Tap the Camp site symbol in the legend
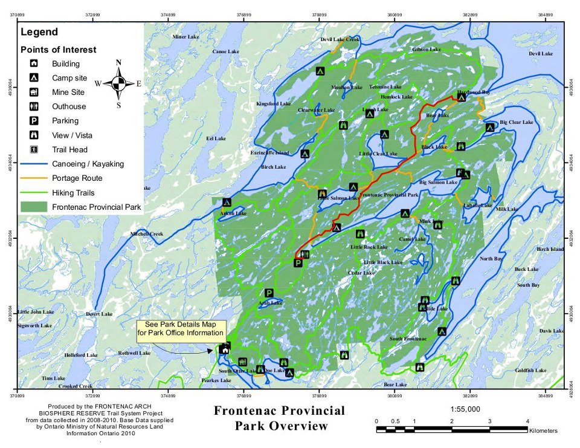(34, 78)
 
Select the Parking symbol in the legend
(34, 121)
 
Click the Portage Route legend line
(34, 178)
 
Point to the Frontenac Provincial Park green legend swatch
(34, 207)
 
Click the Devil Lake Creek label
(340, 39)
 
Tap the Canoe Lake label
(226, 52)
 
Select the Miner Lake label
(185, 37)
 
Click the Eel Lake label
(216, 138)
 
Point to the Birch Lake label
(273, 167)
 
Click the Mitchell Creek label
(147, 234)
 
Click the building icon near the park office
(225, 349)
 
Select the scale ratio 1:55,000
(465, 409)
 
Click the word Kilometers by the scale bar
(543, 431)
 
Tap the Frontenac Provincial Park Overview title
(279, 418)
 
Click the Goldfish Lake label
(531, 370)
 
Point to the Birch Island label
(550, 249)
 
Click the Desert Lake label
(99, 314)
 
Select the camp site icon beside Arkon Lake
(227, 203)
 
